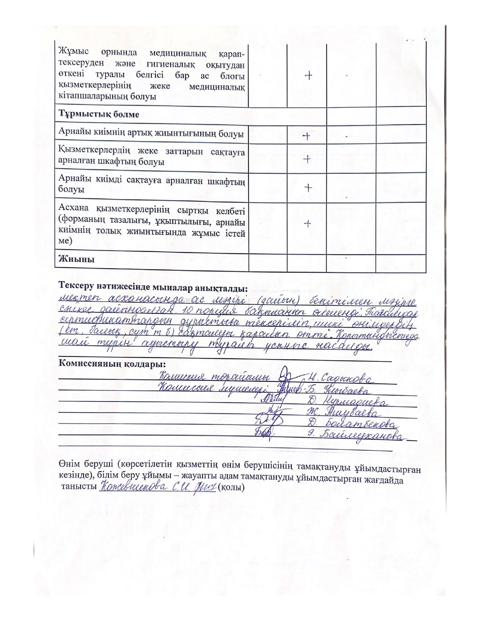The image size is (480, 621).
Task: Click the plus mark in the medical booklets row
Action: pos(308,76)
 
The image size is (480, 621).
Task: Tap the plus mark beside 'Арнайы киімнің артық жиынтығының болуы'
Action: pos(306,136)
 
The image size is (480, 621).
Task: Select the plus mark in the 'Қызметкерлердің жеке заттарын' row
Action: pos(306,160)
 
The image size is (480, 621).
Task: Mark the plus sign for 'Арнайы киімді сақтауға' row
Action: pos(308,187)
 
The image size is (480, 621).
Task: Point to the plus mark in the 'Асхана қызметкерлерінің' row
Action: pos(307,224)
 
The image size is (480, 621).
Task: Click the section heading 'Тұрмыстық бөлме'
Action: pos(99,114)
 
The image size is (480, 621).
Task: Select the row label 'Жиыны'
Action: pos(76,259)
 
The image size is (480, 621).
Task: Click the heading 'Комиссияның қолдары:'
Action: pos(112,364)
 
